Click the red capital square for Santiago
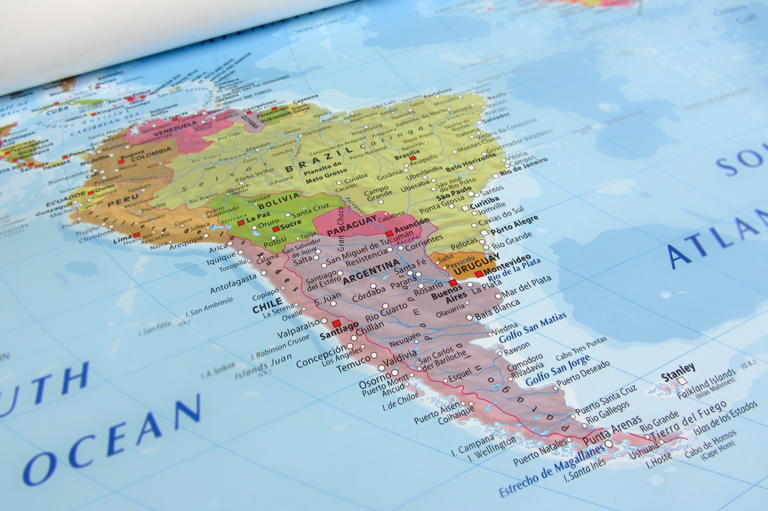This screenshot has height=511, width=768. pos(336,324)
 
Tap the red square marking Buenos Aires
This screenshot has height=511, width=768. pos(453,283)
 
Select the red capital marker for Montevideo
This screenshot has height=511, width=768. pos(479,274)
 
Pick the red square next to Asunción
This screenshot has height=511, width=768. pos(389,234)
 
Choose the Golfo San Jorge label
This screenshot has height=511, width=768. pos(558,370)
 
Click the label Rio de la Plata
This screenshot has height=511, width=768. pos(514,270)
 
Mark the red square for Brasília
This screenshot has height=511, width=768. pos(413,158)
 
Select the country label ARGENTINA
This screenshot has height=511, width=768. pos(371,271)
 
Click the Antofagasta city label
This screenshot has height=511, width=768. pos(233,284)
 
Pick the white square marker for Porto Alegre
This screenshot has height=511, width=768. pos(485,233)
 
